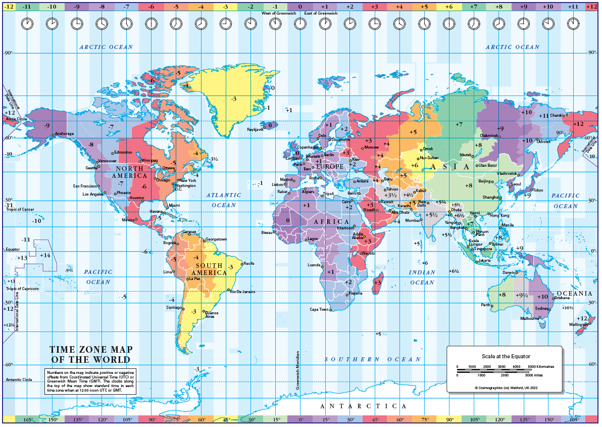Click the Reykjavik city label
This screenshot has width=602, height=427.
(255, 129)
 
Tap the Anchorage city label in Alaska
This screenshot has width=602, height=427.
(64, 134)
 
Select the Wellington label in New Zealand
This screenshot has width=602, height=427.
(578, 324)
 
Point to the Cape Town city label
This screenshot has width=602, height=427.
(319, 309)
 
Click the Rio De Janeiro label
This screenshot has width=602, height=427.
(242, 292)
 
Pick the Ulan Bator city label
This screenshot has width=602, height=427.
(488, 165)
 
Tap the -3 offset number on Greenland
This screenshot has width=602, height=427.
(233, 99)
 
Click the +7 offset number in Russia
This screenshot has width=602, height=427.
(459, 124)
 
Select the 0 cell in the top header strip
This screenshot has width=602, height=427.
(300, 7)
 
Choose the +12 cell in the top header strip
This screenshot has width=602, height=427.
(591, 7)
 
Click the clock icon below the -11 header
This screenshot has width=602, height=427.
(27, 24)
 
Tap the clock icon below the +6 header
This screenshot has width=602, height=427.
(448, 24)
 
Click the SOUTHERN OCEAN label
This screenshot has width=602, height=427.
(373, 359)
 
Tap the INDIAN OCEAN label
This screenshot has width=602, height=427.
(422, 277)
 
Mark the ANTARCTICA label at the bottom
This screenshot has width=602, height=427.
(364, 406)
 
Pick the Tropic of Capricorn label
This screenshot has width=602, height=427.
(22, 289)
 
